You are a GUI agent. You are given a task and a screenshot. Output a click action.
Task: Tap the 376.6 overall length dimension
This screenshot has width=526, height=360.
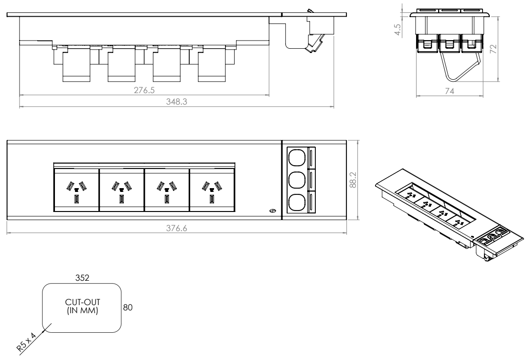coord(176,229)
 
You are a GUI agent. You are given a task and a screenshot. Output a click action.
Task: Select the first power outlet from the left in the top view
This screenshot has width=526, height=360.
coord(76,189)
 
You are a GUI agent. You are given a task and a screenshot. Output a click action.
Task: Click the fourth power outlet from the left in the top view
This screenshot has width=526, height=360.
coord(212,189)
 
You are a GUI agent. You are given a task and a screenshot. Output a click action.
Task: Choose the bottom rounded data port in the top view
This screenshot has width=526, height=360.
coord(296,202)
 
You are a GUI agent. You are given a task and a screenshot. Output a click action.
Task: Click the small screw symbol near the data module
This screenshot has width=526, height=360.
coord(273,210)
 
